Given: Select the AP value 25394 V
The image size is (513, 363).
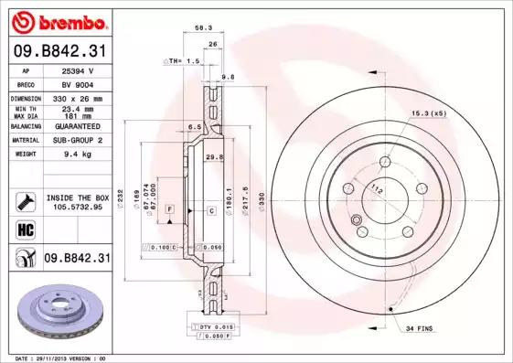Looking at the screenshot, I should (x=76, y=70).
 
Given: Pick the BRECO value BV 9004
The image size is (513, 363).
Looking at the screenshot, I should (x=76, y=83).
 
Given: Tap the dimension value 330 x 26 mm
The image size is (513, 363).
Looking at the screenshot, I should (x=76, y=97).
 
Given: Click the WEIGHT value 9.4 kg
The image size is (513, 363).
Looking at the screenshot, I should (x=76, y=155).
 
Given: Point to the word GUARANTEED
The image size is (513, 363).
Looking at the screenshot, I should (x=76, y=125).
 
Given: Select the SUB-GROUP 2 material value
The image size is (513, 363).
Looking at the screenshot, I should (x=76, y=140).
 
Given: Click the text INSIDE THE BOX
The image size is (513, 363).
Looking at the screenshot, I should (x=78, y=198).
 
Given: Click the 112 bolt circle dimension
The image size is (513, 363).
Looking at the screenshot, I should (x=376, y=190).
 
